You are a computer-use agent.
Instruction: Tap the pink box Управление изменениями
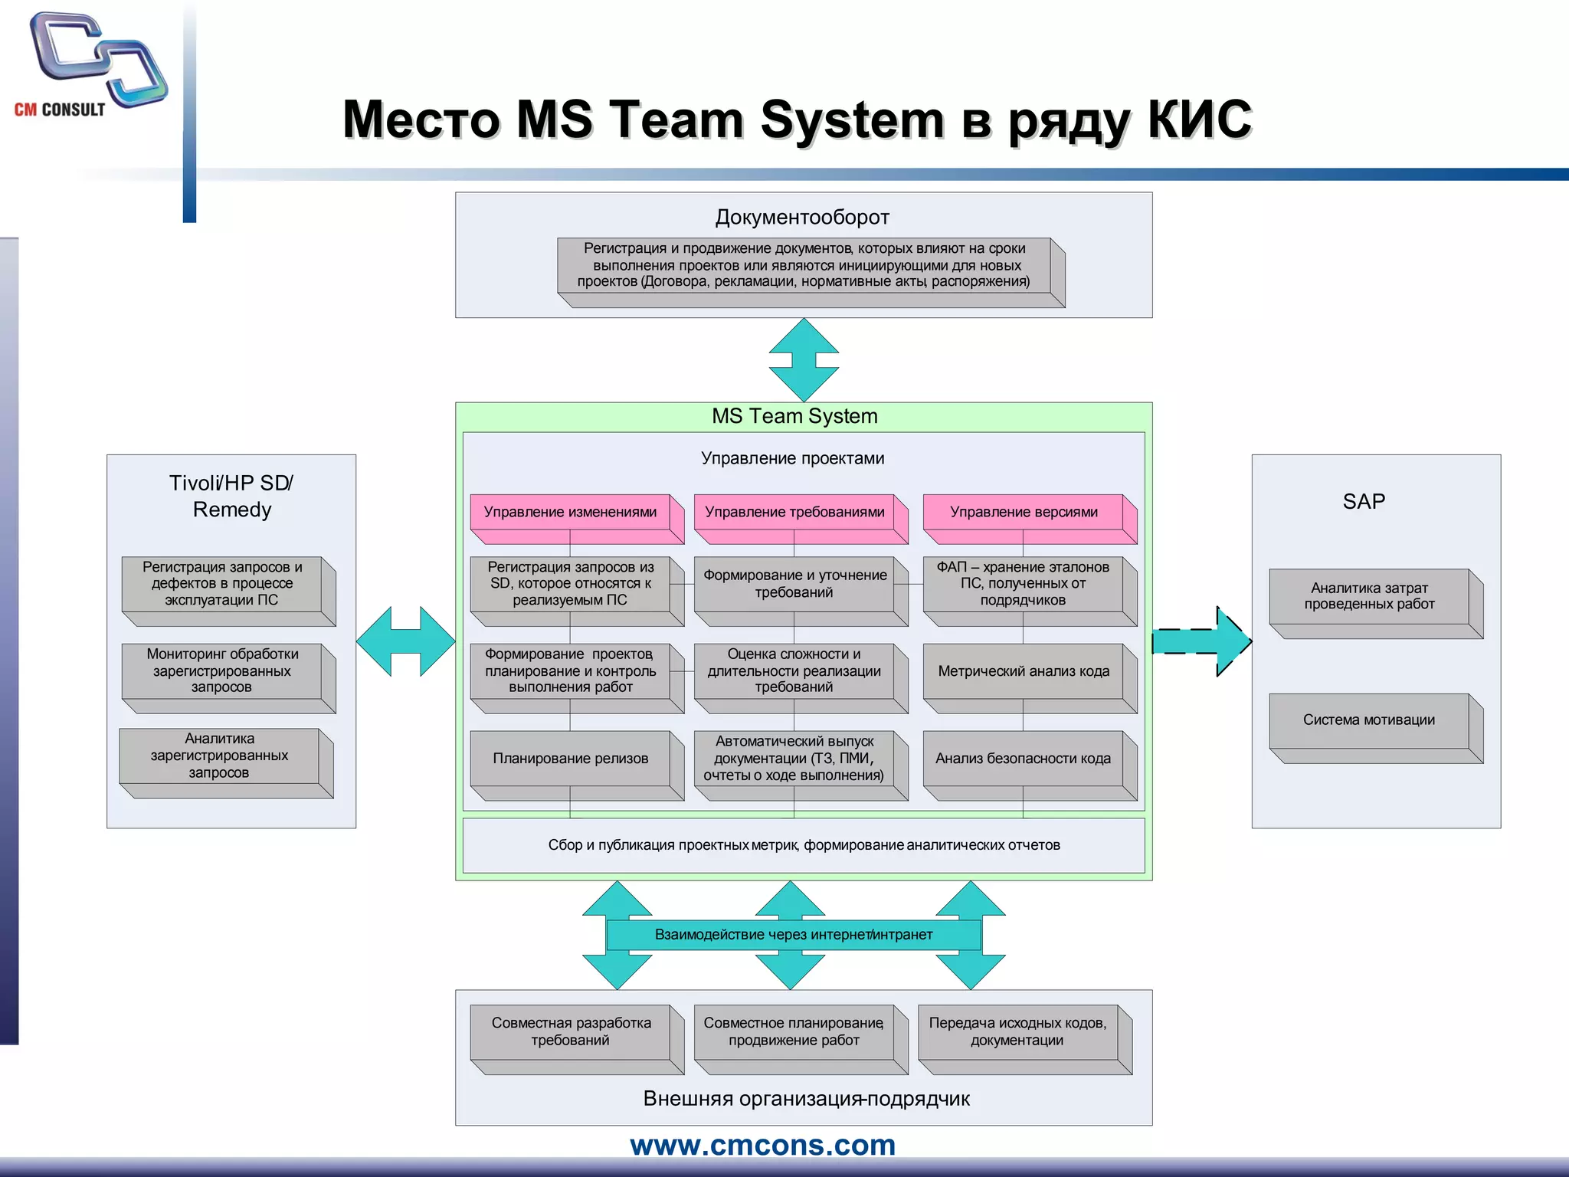(x=571, y=512)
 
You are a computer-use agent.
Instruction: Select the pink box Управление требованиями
(x=794, y=512)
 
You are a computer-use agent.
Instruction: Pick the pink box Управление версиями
(x=1024, y=512)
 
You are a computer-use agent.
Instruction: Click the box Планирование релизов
(x=571, y=759)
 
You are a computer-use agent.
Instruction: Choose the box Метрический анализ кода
(x=1024, y=671)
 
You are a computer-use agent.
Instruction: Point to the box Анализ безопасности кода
(x=1024, y=759)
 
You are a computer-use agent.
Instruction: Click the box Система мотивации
(x=1369, y=720)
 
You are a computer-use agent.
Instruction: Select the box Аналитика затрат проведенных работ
(x=1369, y=596)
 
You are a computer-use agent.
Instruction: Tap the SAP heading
(x=1364, y=502)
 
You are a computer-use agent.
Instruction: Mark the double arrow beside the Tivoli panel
(x=406, y=641)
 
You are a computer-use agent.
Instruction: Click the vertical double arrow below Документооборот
(x=804, y=360)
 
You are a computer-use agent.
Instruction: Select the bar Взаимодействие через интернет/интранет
(x=794, y=935)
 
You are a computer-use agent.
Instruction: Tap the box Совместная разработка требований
(x=571, y=1031)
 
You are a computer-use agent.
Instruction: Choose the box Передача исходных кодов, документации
(x=1017, y=1031)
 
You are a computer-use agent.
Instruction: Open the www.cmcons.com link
(x=763, y=1145)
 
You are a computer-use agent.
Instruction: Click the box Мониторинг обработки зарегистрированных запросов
(x=222, y=670)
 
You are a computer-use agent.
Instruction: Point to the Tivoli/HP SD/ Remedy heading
(x=231, y=497)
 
